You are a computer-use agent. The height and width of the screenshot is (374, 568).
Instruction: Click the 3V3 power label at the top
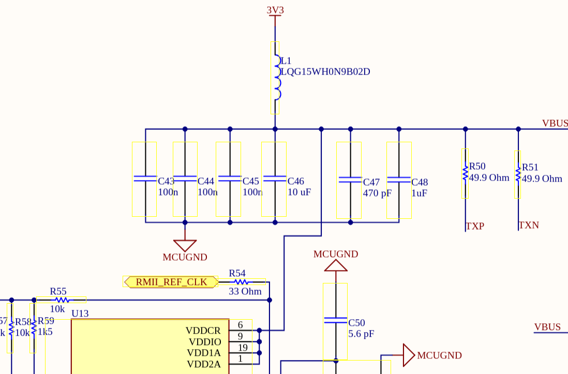[x=275, y=10]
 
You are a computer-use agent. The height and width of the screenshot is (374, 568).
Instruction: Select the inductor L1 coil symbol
[x=277, y=78]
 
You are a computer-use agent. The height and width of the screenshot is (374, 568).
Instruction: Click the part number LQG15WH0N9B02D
[x=325, y=72]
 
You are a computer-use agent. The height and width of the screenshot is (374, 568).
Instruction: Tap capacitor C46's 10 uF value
[x=300, y=192]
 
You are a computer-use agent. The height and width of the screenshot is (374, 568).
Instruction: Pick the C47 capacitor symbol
[x=349, y=180]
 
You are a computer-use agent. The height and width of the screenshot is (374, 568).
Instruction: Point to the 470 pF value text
[x=377, y=193]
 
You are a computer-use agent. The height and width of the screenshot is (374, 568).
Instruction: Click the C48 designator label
[x=420, y=182]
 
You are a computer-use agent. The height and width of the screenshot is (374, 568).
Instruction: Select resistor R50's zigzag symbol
[x=465, y=173]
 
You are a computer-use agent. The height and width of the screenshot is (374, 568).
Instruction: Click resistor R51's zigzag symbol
[x=518, y=174]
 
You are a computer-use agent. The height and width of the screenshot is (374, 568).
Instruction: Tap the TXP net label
[x=475, y=226]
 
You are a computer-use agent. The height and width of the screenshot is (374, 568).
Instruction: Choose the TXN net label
[x=529, y=225]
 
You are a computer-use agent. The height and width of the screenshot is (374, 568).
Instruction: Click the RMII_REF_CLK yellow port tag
[x=171, y=282]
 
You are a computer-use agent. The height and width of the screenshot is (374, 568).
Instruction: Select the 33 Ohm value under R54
[x=245, y=291]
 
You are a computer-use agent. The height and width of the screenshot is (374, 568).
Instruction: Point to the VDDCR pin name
[x=203, y=331]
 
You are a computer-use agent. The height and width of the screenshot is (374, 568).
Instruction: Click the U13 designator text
[x=80, y=313]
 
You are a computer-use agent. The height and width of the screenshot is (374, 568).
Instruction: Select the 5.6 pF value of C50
[x=361, y=334]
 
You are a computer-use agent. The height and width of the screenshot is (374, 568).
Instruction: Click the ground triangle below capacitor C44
[x=185, y=245]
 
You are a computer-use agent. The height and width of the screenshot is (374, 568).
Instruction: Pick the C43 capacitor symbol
[x=145, y=178]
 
